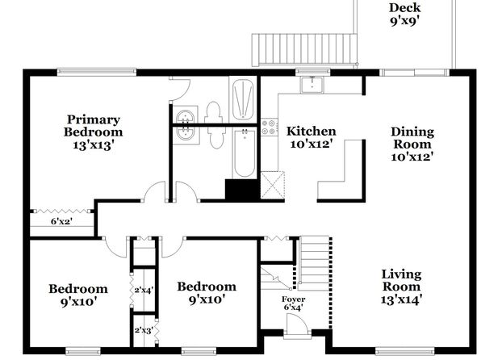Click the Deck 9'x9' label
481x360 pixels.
404,14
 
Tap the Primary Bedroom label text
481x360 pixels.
94,126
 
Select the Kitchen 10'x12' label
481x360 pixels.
311,137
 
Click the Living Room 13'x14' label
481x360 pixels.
401,287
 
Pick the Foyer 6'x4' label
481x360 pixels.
293,303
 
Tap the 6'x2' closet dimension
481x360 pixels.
61,221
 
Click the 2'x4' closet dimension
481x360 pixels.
144,290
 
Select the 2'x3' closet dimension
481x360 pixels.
144,330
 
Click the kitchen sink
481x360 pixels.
312,85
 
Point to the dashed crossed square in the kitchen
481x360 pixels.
273,185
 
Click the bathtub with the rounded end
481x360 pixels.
245,153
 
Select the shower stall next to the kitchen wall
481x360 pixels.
243,99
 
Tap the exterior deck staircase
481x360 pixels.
305,50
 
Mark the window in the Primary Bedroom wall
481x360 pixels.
97,72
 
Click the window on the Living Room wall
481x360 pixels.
405,350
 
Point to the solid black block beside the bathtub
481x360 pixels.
242,190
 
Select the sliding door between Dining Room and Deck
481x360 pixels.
415,73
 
